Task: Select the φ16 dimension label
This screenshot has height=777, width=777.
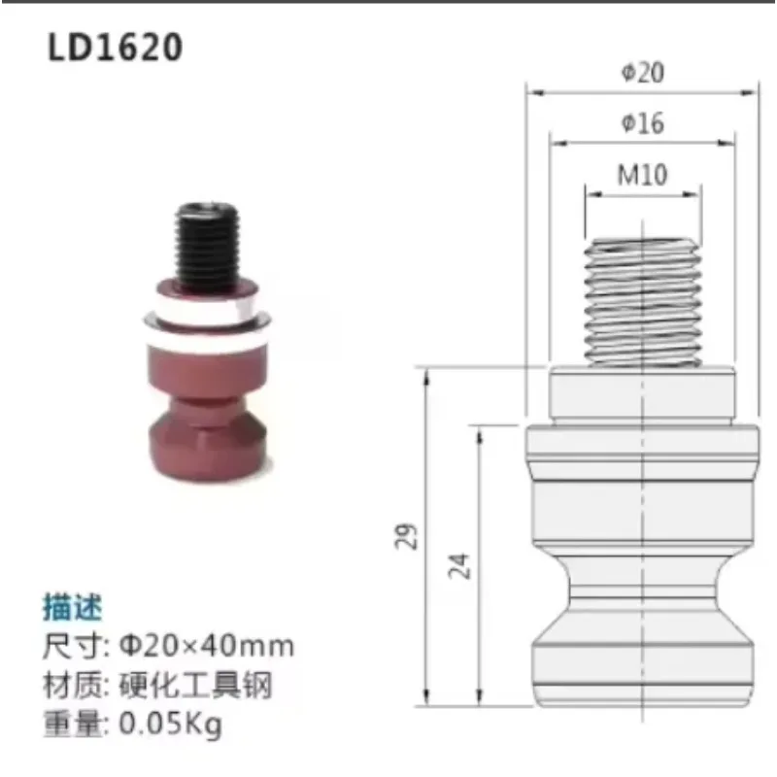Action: pos(642,123)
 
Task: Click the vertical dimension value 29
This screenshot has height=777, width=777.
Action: pos(410,536)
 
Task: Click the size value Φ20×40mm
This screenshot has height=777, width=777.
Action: pos(206,646)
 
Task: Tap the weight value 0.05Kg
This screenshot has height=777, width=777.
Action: pos(171,725)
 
